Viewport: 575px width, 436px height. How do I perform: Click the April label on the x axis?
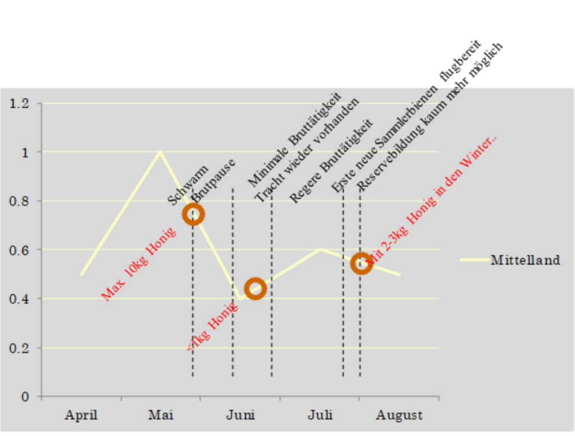pos(81,416)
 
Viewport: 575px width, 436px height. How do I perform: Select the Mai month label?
pos(161,416)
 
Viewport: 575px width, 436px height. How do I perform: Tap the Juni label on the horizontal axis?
pos(240,416)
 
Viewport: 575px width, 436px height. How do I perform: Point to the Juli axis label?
pos(320,416)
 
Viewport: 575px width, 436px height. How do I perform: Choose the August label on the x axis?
pos(399,416)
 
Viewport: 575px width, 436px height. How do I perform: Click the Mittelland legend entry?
pos(524,260)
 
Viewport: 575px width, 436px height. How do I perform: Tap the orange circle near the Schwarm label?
pos(193,214)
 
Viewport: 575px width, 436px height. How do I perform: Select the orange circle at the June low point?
pos(255,288)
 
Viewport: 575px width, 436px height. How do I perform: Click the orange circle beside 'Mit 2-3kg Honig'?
pos(361,264)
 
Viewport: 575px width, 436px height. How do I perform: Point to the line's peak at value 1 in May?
pos(161,152)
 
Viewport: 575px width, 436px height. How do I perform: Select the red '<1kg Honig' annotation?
pos(213,328)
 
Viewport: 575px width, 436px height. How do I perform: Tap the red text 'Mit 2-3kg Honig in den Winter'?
pos(433,199)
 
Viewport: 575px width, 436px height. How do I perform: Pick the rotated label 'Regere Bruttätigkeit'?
pos(331,161)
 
